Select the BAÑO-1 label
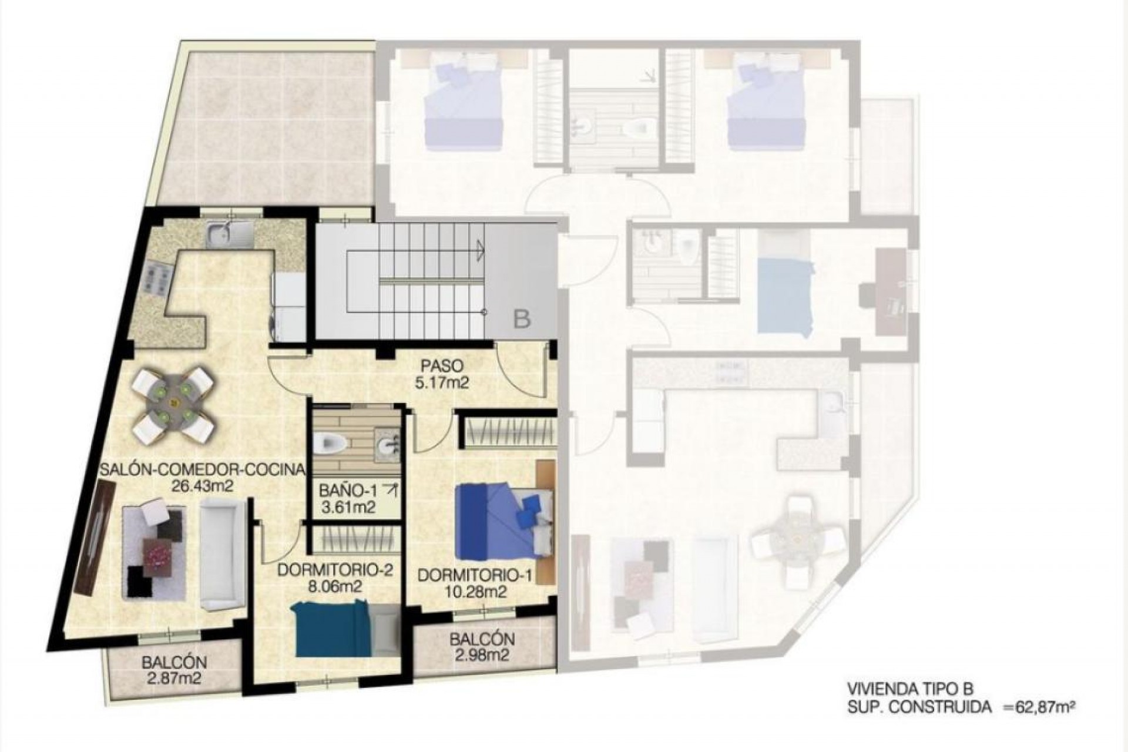tap(349, 489)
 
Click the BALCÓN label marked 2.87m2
tap(174, 662)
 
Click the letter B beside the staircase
tap(522, 319)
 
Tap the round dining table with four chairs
tap(173, 404)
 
